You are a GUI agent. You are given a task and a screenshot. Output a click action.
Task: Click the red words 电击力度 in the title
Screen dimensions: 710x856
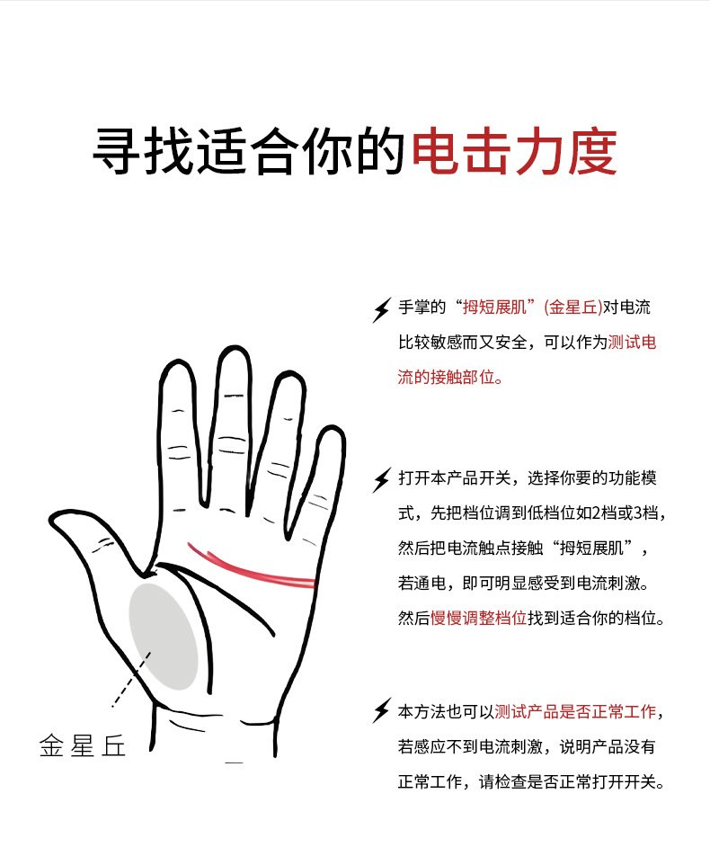[x=514, y=151]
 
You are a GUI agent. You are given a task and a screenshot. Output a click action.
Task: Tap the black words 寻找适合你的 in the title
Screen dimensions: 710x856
[x=249, y=151]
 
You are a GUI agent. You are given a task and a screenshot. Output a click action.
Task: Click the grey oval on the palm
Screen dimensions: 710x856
[x=164, y=637]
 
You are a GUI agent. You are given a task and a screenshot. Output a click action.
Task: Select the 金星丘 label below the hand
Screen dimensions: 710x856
[x=83, y=745]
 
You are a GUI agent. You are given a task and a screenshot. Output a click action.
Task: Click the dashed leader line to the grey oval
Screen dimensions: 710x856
[x=131, y=680]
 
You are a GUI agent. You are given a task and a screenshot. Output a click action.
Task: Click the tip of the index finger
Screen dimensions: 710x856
[x=177, y=361]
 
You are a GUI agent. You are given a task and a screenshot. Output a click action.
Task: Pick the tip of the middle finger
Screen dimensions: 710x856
[x=235, y=347]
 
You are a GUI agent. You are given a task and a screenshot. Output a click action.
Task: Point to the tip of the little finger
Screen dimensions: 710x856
[x=333, y=429]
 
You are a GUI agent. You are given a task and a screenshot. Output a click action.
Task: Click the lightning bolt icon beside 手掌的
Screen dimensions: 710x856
[x=382, y=309]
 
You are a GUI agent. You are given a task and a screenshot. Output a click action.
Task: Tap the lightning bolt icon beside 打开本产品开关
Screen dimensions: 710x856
[x=382, y=480]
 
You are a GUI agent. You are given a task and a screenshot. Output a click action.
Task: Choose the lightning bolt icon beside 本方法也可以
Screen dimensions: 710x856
[x=382, y=710]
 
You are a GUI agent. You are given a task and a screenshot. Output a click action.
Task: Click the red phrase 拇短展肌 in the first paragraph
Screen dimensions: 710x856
[x=494, y=308]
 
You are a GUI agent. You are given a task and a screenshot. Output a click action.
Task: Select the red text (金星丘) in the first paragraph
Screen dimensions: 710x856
[x=573, y=308]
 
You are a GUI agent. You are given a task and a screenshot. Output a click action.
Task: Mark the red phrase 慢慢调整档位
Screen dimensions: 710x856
[x=479, y=618]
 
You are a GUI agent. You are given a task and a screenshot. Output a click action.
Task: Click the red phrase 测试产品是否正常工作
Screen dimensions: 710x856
[x=575, y=712]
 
